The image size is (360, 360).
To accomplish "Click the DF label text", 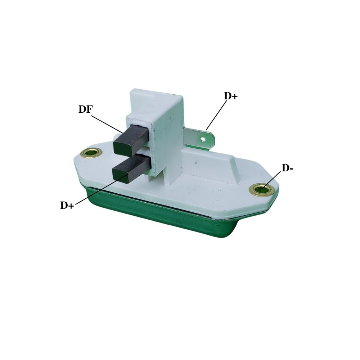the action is click(85, 109).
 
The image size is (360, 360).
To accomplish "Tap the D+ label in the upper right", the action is click(231, 96).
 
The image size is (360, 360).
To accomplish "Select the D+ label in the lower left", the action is click(67, 205).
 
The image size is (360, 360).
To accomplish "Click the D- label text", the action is click(287, 168).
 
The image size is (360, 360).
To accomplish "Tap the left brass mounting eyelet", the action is click(91, 153).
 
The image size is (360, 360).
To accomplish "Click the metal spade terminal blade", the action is click(199, 139).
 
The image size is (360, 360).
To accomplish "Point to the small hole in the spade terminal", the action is click(203, 139).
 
